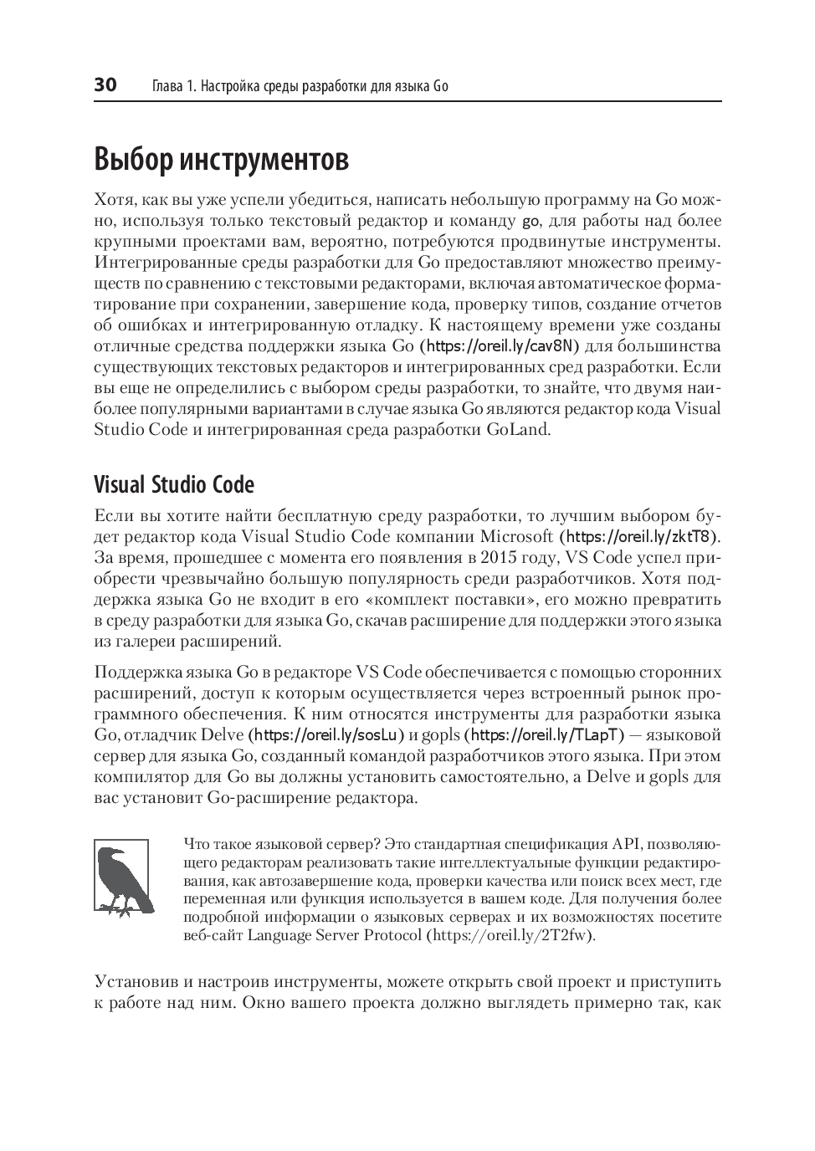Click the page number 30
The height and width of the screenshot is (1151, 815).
pos(105,85)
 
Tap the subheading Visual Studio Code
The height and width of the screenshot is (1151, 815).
pos(174,485)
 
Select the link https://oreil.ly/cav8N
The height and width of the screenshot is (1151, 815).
pos(500,346)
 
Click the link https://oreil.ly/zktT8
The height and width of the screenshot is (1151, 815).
pos(640,536)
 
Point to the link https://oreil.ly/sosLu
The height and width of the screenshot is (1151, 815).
pos(326,735)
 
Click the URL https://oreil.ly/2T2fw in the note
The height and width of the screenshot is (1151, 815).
pos(510,935)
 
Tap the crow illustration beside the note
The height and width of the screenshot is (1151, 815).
pos(122,877)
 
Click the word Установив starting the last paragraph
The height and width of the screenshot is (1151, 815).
pos(133,981)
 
